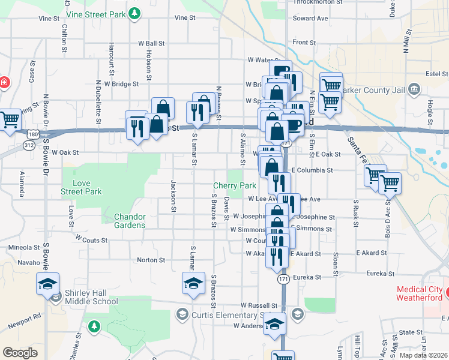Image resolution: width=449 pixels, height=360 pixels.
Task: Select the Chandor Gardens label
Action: (130, 221)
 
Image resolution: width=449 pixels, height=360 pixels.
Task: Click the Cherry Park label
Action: (235, 186)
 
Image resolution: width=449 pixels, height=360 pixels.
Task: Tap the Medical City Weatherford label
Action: (419, 294)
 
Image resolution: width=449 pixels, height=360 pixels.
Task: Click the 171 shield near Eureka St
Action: (283, 280)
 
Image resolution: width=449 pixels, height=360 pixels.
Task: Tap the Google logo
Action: (20, 352)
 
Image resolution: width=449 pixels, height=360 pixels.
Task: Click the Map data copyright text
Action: (423, 355)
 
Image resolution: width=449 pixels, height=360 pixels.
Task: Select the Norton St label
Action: (151, 260)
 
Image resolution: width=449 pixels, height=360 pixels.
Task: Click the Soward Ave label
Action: (310, 19)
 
